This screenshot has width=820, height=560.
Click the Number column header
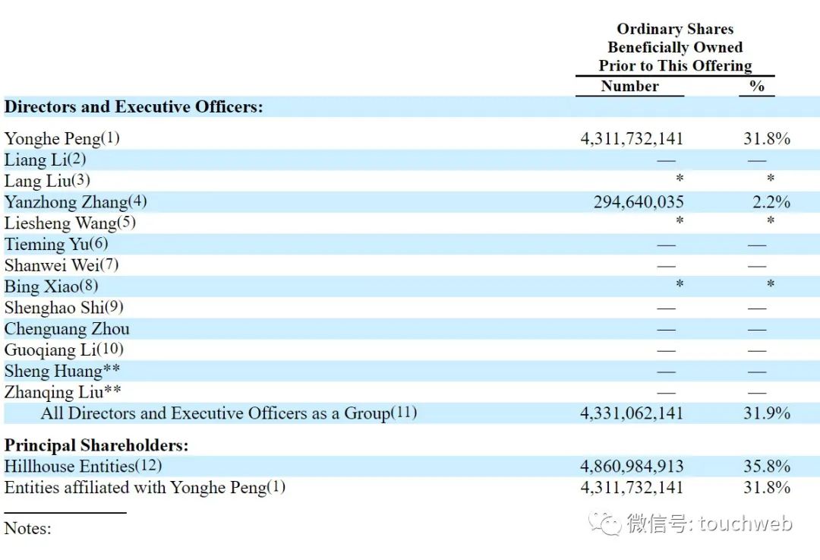click(x=629, y=86)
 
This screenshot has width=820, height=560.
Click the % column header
click(x=757, y=86)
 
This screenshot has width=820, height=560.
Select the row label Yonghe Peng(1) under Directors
click(x=62, y=138)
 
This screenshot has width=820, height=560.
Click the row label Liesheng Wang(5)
click(x=70, y=223)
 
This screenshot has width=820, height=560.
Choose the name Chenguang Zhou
click(x=67, y=329)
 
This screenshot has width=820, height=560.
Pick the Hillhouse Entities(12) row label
click(x=83, y=466)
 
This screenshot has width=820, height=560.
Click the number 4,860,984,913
click(x=632, y=467)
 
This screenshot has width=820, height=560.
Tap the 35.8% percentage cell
click(x=767, y=467)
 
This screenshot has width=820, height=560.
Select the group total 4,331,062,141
click(x=632, y=413)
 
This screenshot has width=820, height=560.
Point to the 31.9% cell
click(x=767, y=413)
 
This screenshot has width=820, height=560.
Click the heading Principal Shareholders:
click(x=96, y=445)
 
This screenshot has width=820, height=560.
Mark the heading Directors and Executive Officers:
click(x=134, y=107)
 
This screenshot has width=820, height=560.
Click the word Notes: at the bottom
click(x=28, y=528)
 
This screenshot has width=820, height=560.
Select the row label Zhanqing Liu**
click(x=63, y=393)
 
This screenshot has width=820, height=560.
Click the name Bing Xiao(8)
click(x=51, y=286)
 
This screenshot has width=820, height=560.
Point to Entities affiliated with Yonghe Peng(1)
click(x=145, y=487)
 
